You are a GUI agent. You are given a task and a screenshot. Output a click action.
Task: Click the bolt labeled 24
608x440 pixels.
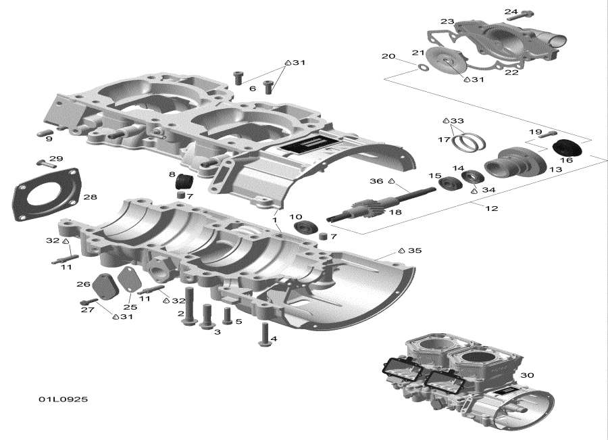pyautogui.click(x=526, y=13)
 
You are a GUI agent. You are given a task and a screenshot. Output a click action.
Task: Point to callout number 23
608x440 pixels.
pyautogui.click(x=447, y=22)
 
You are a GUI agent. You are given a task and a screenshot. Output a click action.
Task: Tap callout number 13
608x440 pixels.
pyautogui.click(x=555, y=170)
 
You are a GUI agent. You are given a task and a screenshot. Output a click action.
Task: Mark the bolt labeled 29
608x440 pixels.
pyautogui.click(x=46, y=162)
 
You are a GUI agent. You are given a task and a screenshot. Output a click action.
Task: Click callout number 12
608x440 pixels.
pyautogui.click(x=491, y=208)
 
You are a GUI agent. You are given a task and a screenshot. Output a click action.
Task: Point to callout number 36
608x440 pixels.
pyautogui.click(x=376, y=181)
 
